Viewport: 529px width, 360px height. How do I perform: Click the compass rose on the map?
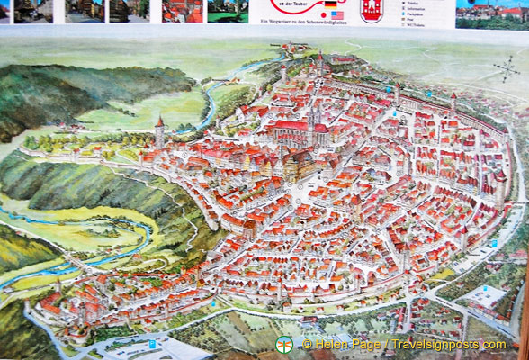506,68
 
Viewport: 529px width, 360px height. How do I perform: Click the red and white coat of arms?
371,11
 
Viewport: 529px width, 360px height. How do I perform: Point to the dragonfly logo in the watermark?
284,345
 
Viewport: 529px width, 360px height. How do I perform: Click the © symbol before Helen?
307,345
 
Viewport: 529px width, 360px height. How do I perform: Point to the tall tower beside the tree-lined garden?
159,132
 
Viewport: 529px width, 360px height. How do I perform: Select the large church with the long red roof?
299,126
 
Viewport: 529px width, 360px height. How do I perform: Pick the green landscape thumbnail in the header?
228,11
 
